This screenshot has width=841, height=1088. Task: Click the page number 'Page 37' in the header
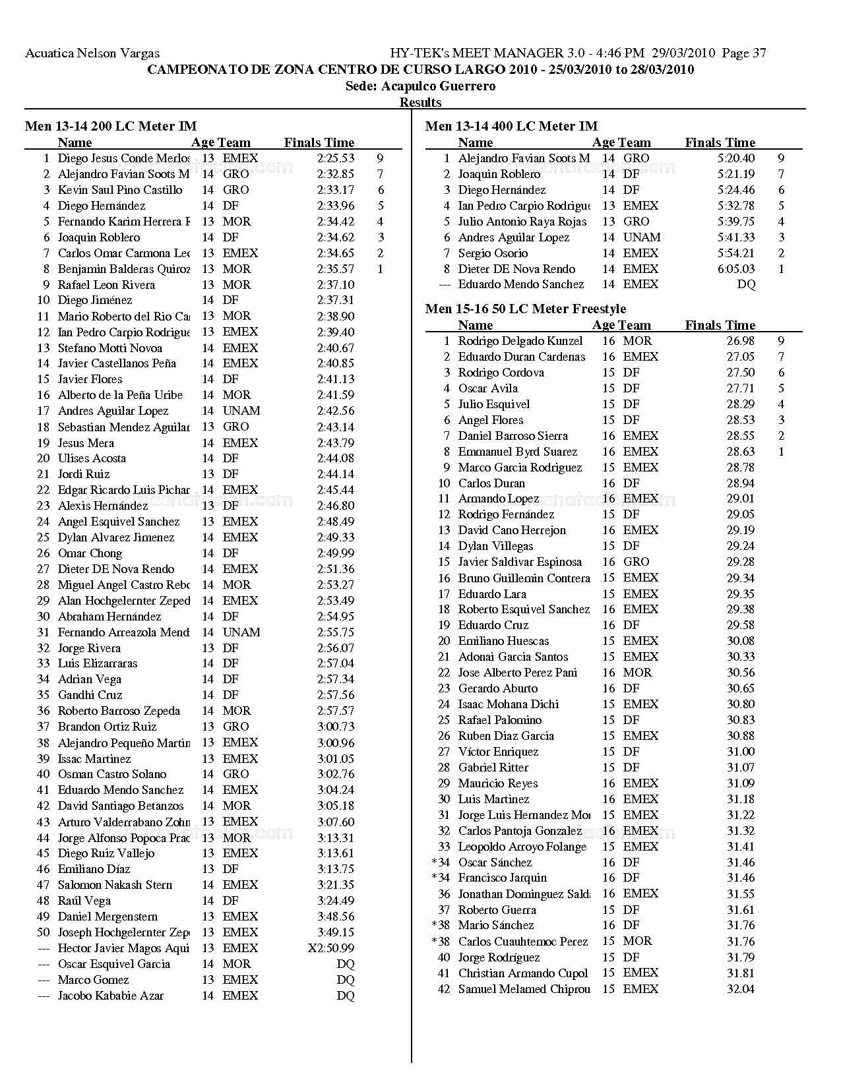pos(744,53)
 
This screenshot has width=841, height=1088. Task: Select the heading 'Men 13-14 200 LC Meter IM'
pos(111,126)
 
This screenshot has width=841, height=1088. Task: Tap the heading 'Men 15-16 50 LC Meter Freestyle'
pos(526,309)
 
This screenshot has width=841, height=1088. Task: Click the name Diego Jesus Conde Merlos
pos(123,158)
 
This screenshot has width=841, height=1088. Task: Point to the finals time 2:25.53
pos(335,158)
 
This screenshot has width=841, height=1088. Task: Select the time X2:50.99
pos(330,948)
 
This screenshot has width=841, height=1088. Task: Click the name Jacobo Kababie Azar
pos(111,996)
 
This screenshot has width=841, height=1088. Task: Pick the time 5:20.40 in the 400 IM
pos(736,158)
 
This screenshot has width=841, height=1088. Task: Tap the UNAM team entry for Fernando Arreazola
pos(241,632)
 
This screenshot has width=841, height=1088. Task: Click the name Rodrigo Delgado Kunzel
pos(520,341)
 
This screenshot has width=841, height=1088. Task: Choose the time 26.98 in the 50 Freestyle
pos(741,341)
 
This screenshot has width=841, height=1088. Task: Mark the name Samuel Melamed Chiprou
pos(524,989)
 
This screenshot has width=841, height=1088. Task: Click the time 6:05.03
pos(736,269)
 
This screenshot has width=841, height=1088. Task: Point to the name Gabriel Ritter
pos(493,768)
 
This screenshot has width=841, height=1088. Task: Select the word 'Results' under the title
pos(420,102)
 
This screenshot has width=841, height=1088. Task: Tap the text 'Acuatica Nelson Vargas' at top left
pos(92,53)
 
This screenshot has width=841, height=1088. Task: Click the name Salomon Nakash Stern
pos(115,885)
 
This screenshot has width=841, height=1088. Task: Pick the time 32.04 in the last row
pos(741,989)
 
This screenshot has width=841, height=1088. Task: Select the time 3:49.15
pos(335,932)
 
